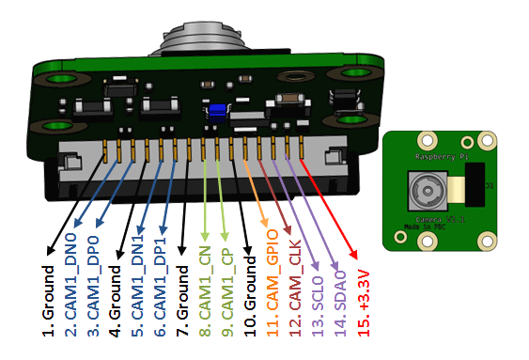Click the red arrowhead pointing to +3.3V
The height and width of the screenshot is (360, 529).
click(354, 257)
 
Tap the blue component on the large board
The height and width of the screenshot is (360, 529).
click(218, 109)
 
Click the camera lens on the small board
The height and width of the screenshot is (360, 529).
click(426, 196)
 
